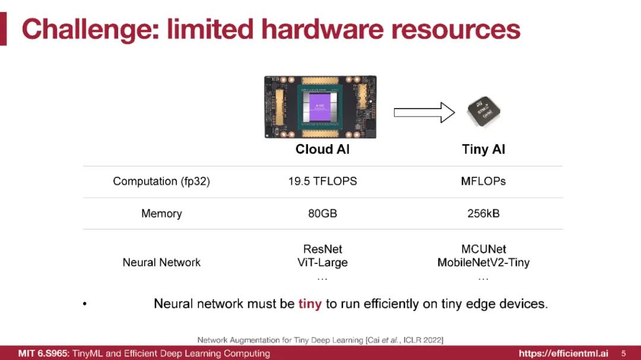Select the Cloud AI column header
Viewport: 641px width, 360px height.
coord(322,149)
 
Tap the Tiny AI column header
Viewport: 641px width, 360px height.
coord(483,149)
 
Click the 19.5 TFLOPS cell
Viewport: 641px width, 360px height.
coord(322,181)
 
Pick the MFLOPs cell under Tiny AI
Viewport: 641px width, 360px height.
coord(483,181)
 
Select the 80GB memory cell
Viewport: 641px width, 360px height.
coord(322,213)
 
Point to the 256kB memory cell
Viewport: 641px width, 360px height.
coord(483,213)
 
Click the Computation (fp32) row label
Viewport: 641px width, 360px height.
coord(161,181)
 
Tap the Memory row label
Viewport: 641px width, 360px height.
coord(161,213)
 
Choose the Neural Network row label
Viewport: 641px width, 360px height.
coord(161,262)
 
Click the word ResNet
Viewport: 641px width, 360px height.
coord(322,249)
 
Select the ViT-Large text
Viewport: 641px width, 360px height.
coord(322,262)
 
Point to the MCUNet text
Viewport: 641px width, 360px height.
coord(483,249)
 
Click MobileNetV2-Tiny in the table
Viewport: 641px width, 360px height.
coord(483,262)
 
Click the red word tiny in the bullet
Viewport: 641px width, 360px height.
coord(310,304)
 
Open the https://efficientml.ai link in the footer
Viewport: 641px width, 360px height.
coord(563,353)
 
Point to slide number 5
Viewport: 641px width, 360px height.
coord(623,353)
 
